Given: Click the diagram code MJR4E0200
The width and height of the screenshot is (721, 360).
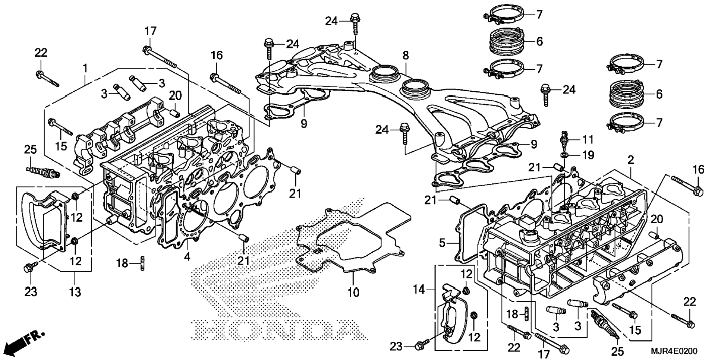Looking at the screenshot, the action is pos(674,351).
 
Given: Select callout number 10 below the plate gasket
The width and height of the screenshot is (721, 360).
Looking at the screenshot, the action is pos(353,293).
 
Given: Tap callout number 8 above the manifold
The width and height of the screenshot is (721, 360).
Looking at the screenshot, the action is pos(406,56).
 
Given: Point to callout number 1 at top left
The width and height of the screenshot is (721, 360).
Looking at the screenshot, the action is pos(85,69).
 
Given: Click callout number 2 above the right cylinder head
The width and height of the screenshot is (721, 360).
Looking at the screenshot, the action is pos(630,161).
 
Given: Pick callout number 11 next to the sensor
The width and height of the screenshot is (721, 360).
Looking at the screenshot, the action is pos(588,140).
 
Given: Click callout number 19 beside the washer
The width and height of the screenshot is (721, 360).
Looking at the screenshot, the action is pos(588,155).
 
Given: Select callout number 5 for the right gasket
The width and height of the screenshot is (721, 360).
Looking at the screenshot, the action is pos(442,243).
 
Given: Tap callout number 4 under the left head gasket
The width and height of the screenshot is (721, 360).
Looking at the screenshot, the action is pos(187,256).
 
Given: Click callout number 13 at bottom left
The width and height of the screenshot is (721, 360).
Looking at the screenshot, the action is pos(75,292).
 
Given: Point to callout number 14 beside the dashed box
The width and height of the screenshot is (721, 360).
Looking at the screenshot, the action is pos(420,289).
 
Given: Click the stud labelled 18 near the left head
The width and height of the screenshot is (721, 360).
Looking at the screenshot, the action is pos(142,263).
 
